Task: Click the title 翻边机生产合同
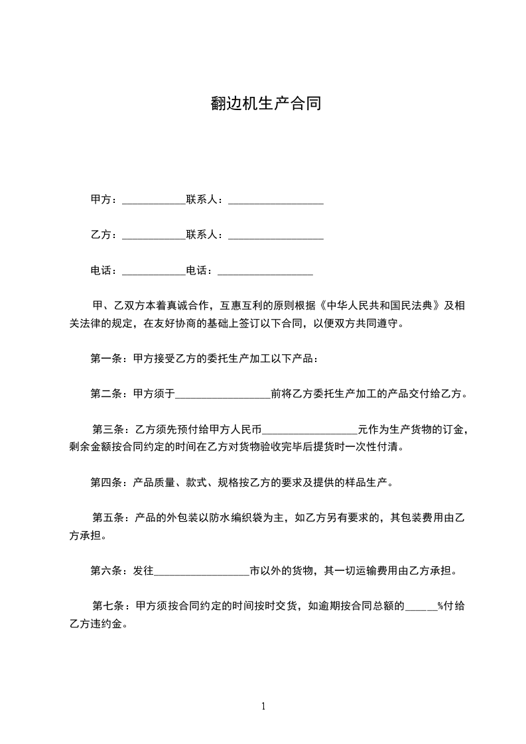click(x=265, y=104)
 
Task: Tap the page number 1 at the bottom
click(x=263, y=706)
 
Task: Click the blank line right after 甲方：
click(x=153, y=200)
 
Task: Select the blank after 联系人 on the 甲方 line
click(x=275, y=200)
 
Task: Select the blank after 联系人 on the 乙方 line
click(x=275, y=235)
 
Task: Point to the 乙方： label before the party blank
click(x=104, y=235)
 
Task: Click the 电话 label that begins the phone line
click(x=104, y=271)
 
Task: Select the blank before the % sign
click(x=421, y=607)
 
